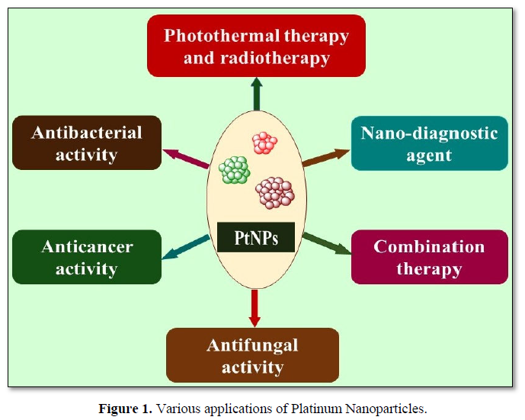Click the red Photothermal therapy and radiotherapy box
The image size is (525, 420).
click(256, 46)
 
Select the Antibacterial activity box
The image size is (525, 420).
click(87, 143)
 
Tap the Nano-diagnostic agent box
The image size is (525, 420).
click(429, 143)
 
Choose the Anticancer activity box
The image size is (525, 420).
click(87, 257)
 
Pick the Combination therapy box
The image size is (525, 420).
click(429, 257)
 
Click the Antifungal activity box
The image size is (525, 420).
click(252, 355)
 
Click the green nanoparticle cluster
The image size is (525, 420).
click(235, 170)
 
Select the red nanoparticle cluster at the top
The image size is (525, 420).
click(264, 143)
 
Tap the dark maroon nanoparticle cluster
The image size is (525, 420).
click(275, 192)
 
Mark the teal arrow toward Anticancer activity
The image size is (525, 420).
click(187, 248)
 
